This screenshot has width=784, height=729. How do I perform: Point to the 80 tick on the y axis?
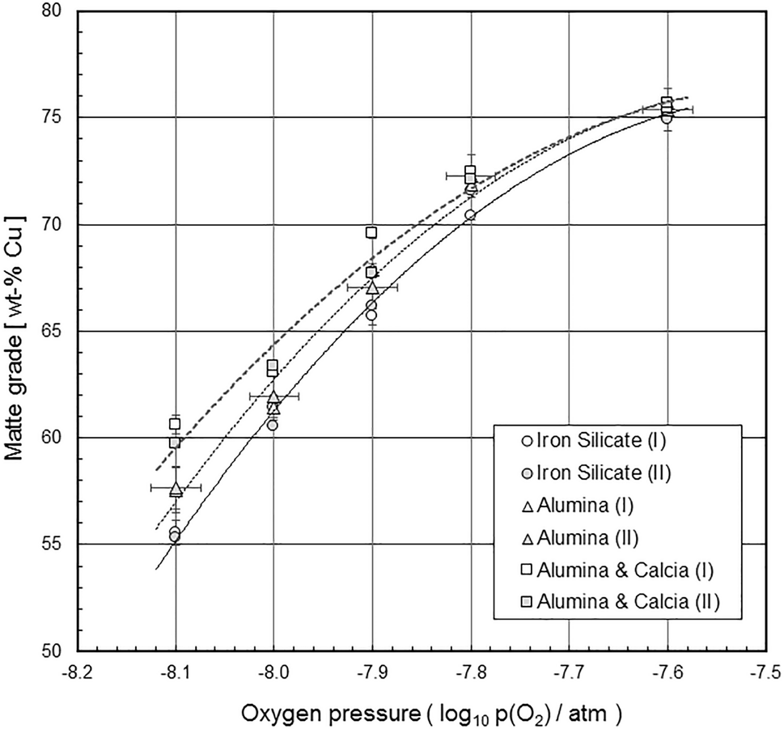pos(57,12)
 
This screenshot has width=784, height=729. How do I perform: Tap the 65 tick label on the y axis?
pos(57,332)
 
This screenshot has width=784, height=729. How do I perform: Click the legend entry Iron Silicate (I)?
pos(588,442)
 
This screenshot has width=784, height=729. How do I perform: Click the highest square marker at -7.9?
pos(371,232)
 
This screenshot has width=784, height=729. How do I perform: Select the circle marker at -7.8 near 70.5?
pos(470,215)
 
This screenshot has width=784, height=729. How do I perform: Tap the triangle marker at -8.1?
pos(176,489)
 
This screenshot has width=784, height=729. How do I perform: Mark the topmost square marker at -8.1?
pos(175,424)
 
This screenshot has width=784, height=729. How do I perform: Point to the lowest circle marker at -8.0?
pos(273,425)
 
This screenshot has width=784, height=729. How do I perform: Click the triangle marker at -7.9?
pos(371,287)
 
